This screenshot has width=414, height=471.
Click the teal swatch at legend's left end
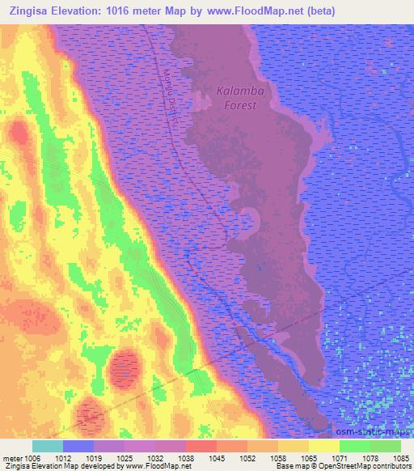[48, 446]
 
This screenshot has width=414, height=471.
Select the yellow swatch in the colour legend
[324, 446]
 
